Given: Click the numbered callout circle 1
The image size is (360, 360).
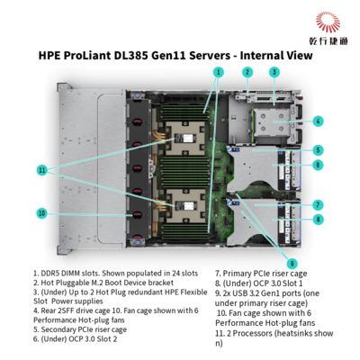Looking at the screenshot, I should click(x=217, y=70).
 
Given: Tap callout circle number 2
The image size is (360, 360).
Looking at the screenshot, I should click(x=247, y=71).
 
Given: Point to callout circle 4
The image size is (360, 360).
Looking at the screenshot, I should click(x=319, y=121).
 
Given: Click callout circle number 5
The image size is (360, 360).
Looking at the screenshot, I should click(x=319, y=149).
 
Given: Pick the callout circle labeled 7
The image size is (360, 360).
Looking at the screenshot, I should click(x=319, y=204).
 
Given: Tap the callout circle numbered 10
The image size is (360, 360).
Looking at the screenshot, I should click(x=40, y=213).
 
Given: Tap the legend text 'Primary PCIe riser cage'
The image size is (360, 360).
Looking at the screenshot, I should click(x=264, y=272).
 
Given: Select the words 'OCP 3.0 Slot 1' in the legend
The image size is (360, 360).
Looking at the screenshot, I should click(x=269, y=282).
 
